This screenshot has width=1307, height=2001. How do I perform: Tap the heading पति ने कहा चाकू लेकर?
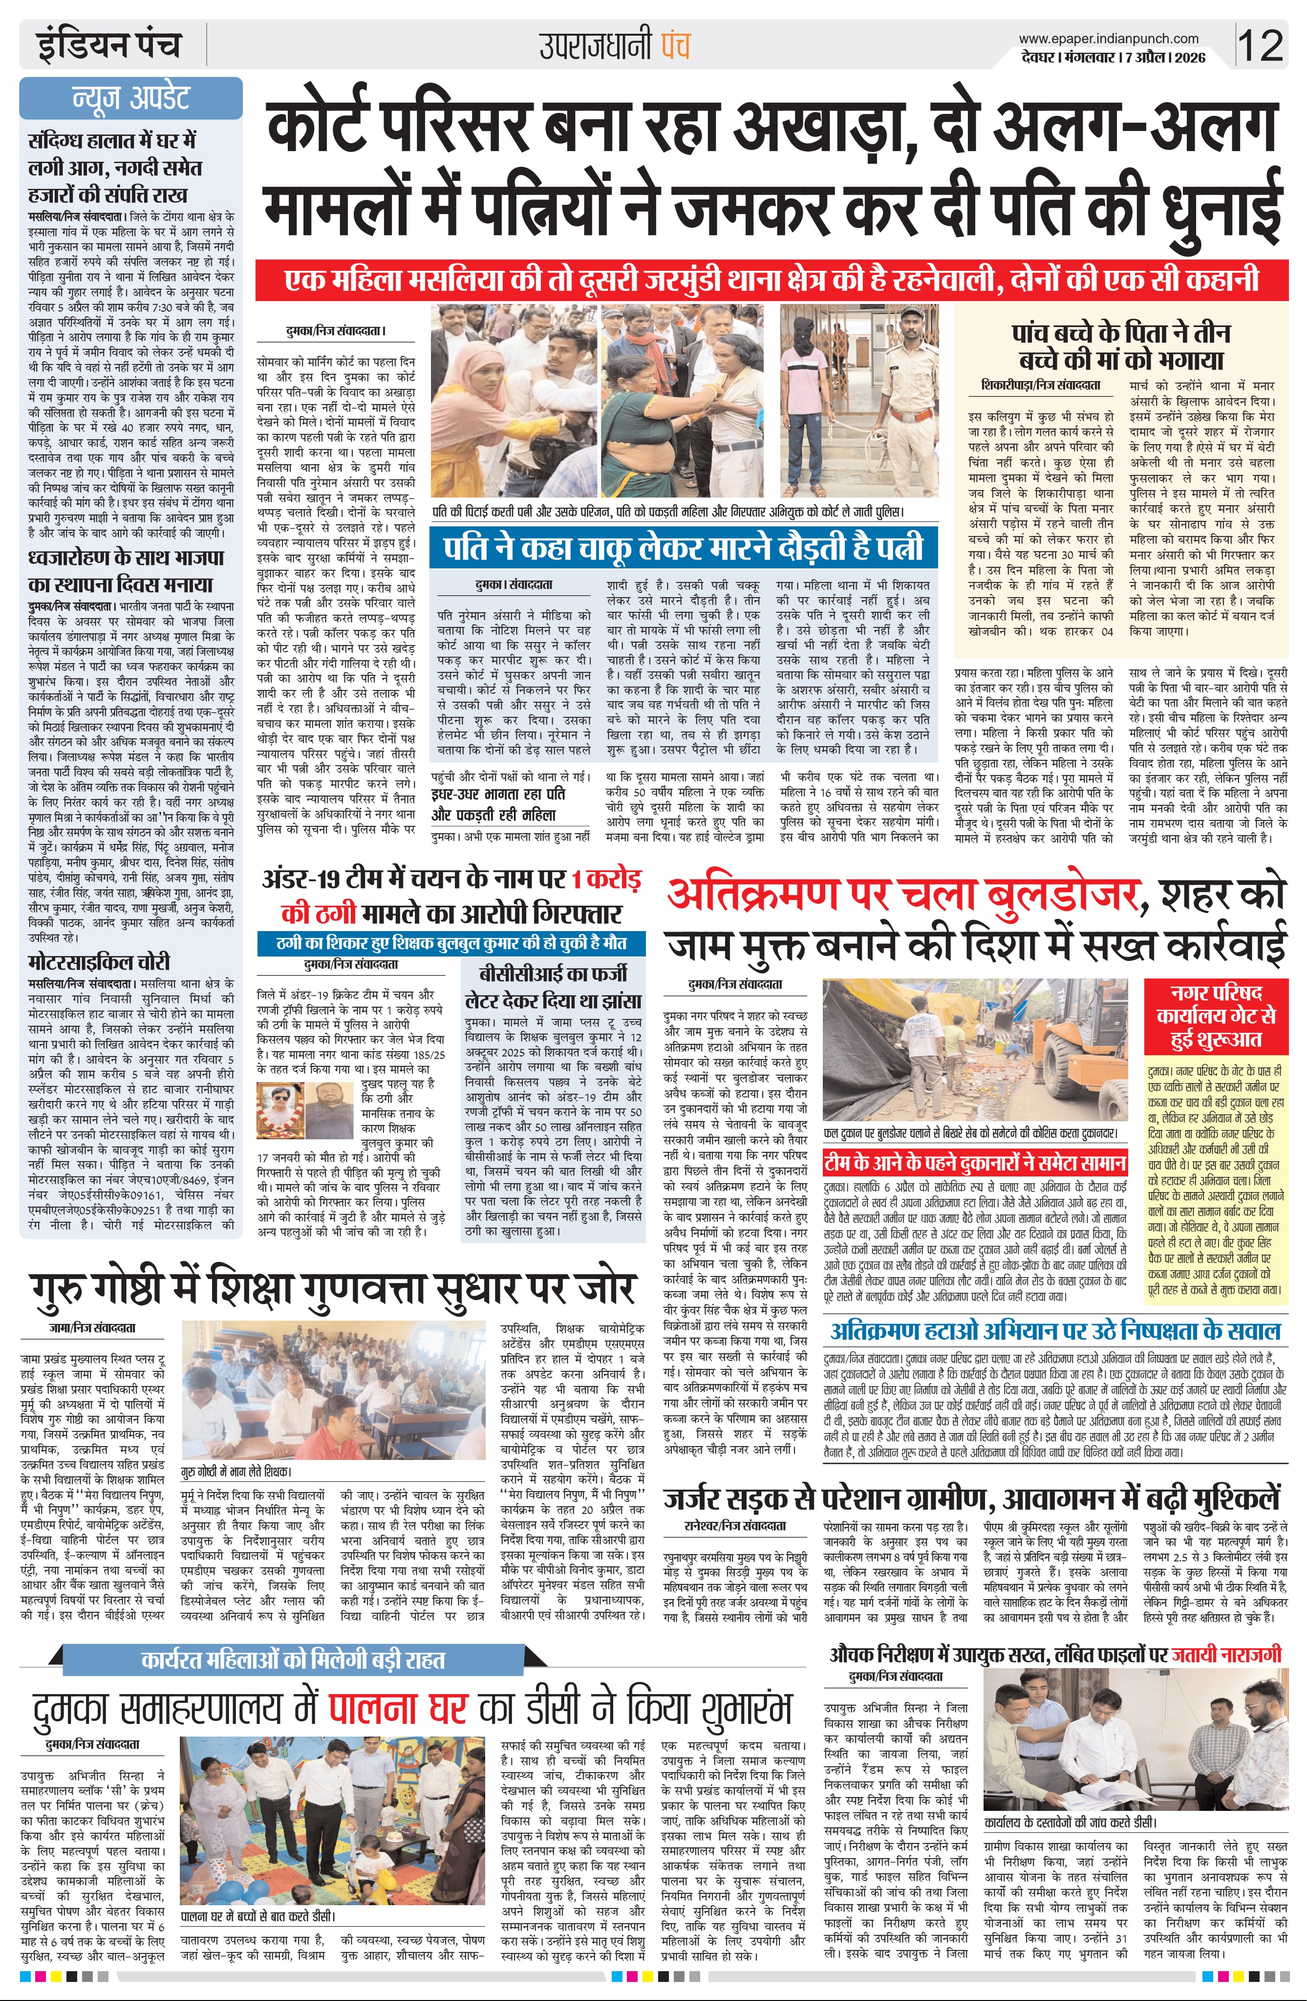tap(683, 547)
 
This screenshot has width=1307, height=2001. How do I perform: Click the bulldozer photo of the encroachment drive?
tap(974, 1050)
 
